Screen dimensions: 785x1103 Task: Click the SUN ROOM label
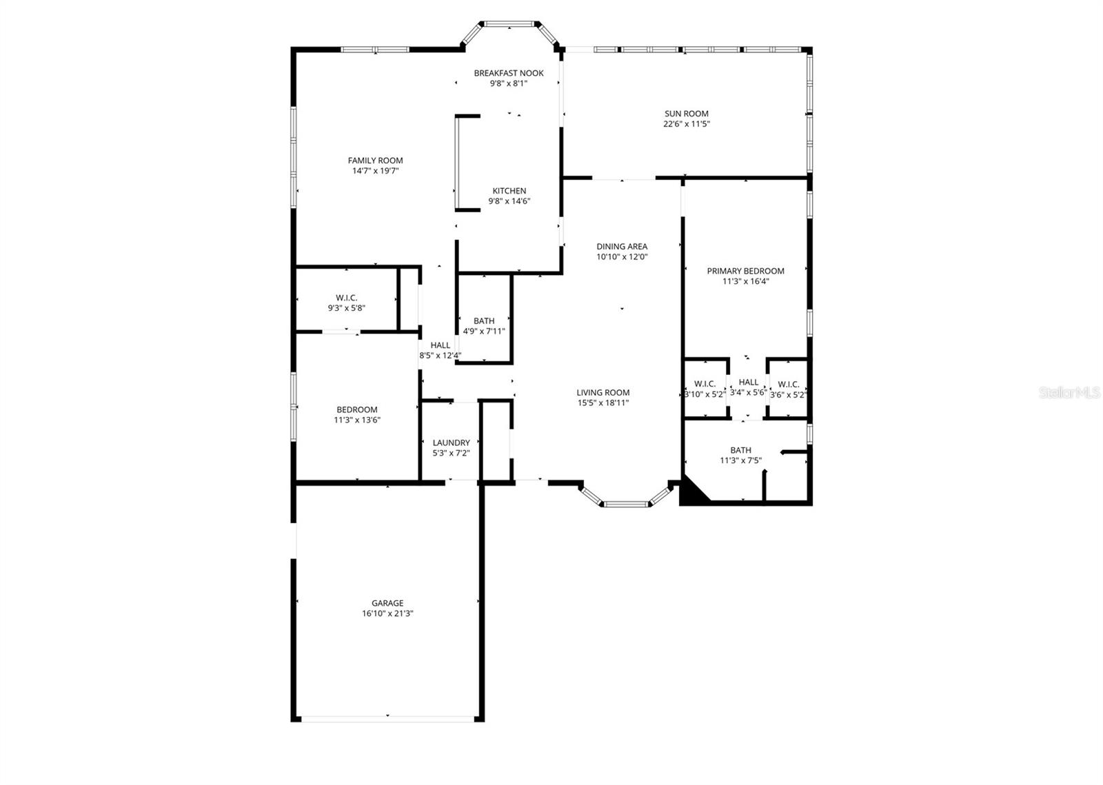(x=686, y=114)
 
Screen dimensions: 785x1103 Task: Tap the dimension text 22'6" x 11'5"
(x=686, y=124)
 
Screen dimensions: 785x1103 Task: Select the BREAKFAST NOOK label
(x=509, y=73)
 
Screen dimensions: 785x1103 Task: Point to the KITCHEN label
(x=509, y=191)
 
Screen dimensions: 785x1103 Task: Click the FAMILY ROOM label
(x=375, y=161)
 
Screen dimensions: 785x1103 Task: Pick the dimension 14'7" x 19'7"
(x=375, y=171)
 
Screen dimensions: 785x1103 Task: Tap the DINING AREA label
(x=622, y=246)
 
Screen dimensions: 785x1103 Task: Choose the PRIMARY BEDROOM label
(x=745, y=271)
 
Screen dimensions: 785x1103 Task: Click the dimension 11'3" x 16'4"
(x=745, y=281)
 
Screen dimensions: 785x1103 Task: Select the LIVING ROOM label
(x=603, y=393)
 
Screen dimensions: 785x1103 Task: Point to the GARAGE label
(x=387, y=603)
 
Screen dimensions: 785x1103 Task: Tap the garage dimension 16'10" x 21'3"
(x=387, y=613)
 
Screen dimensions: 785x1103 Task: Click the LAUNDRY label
(x=451, y=443)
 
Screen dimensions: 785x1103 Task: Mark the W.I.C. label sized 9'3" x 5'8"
(x=346, y=298)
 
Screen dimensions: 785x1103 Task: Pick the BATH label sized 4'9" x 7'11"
(x=484, y=321)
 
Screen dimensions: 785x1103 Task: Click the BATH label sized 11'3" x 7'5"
(x=740, y=450)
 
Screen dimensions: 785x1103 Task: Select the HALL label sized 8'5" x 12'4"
(x=440, y=345)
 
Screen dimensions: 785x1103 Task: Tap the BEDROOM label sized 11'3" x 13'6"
(x=357, y=409)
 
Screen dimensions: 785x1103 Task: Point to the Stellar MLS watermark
(x=1069, y=393)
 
